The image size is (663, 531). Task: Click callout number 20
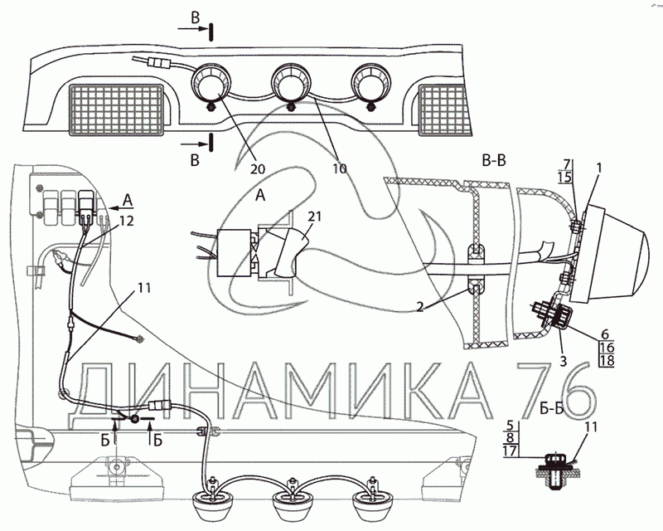pyautogui.click(x=258, y=169)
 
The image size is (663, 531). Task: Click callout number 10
pyautogui.click(x=340, y=168)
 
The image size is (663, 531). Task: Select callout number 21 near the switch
pyautogui.click(x=314, y=217)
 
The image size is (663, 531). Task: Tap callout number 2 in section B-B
pyautogui.click(x=419, y=307)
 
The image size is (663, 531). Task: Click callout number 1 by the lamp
pyautogui.click(x=598, y=168)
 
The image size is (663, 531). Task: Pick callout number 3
pyautogui.click(x=564, y=361)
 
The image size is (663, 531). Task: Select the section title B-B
pyautogui.click(x=494, y=160)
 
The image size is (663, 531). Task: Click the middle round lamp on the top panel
pyautogui.click(x=291, y=83)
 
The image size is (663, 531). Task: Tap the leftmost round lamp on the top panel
pyautogui.click(x=211, y=83)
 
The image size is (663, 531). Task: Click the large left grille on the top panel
pyautogui.click(x=117, y=110)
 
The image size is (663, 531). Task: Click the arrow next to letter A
pyautogui.click(x=120, y=208)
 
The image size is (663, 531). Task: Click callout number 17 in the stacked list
pyautogui.click(x=510, y=451)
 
